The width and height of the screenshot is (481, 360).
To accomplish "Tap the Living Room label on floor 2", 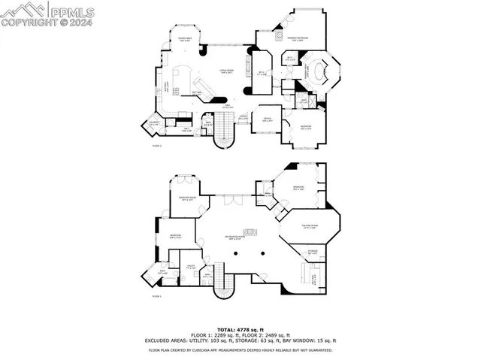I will tap(225, 71).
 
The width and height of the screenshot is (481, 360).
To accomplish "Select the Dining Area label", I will tap(183, 39).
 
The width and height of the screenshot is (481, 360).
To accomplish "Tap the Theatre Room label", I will tap(308, 228).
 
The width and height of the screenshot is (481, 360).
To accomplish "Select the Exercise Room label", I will tap(189, 199).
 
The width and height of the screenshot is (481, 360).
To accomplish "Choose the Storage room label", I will tap(312, 251).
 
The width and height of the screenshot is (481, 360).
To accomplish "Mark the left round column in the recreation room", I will tap(236, 254).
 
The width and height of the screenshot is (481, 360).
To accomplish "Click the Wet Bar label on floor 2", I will tap(198, 91).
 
